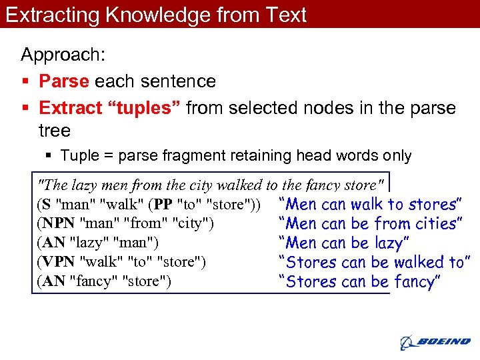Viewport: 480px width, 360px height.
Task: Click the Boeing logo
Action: [435, 342]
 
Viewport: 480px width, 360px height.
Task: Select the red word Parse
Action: [64, 81]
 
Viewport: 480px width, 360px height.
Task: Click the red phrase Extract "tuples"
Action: [110, 108]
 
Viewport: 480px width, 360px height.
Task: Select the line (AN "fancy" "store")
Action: [105, 281]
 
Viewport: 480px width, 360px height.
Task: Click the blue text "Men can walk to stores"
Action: [371, 204]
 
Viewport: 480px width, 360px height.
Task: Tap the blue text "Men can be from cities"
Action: [370, 223]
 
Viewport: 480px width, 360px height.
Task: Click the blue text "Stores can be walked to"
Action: [375, 262]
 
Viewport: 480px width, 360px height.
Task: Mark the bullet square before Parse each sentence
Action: [25, 82]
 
